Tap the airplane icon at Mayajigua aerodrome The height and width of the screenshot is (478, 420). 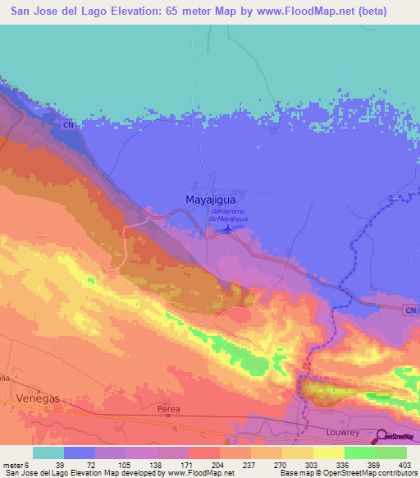[x=230, y=230]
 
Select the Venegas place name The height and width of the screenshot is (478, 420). [x=38, y=398]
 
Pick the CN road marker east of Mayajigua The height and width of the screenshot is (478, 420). [x=411, y=308]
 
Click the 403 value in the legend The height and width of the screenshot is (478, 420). [x=403, y=464]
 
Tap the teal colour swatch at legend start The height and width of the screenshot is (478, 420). [x=48, y=453]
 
